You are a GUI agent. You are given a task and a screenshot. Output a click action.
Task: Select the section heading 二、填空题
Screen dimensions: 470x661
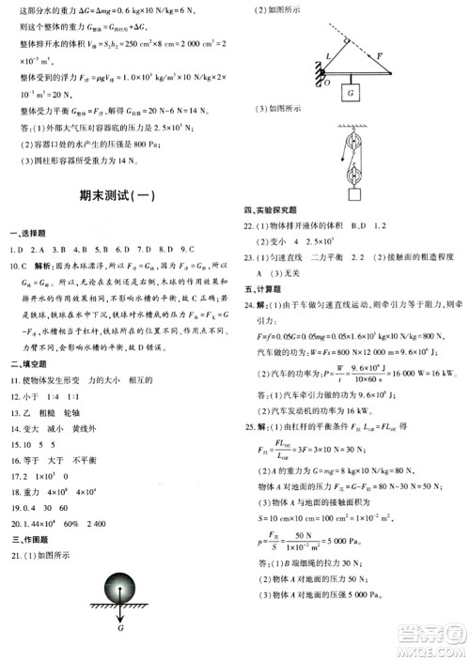tap(28, 362)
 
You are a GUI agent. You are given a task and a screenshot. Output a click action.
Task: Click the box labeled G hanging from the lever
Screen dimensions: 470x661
tap(350, 94)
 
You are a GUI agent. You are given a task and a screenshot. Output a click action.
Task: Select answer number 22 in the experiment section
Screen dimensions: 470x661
tap(250, 225)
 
